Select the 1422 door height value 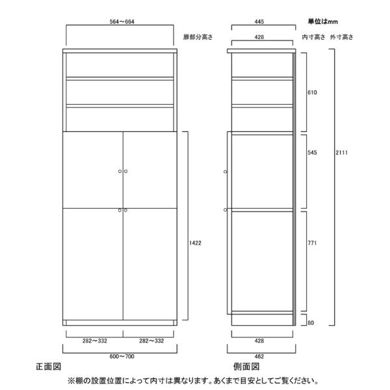(x=194, y=242)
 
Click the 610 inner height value (x=312, y=92)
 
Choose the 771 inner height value (x=312, y=243)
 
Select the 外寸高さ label (x=341, y=38)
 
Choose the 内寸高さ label (x=313, y=38)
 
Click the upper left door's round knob (x=120, y=172)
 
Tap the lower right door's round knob (x=125, y=210)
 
